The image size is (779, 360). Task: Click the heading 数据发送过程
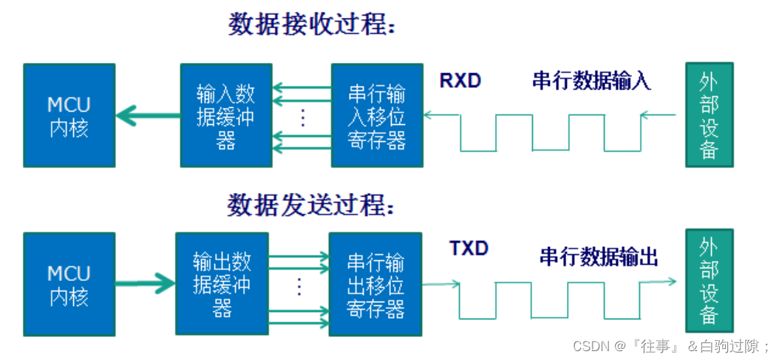(x=311, y=204)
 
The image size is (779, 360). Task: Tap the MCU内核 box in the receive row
(x=69, y=115)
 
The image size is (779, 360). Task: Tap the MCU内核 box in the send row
(x=69, y=284)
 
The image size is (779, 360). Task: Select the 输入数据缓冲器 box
(x=226, y=115)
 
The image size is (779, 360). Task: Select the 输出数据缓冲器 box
(x=222, y=284)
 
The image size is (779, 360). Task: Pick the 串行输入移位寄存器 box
(x=377, y=115)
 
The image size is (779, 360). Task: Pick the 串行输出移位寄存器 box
(x=375, y=284)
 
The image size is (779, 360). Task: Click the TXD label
(x=469, y=248)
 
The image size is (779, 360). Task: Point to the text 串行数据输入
(x=592, y=81)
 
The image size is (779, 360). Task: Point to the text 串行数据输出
(x=599, y=257)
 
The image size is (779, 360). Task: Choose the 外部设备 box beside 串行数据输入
(x=710, y=115)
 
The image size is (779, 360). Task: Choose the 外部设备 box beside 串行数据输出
(x=710, y=280)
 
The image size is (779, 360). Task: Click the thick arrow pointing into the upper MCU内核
(x=148, y=116)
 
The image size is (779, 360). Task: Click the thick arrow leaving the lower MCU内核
(x=145, y=284)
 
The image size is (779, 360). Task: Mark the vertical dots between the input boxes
(x=302, y=118)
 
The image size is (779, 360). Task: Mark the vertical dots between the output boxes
(x=299, y=286)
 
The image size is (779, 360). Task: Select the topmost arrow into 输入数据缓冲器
(x=302, y=88)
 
